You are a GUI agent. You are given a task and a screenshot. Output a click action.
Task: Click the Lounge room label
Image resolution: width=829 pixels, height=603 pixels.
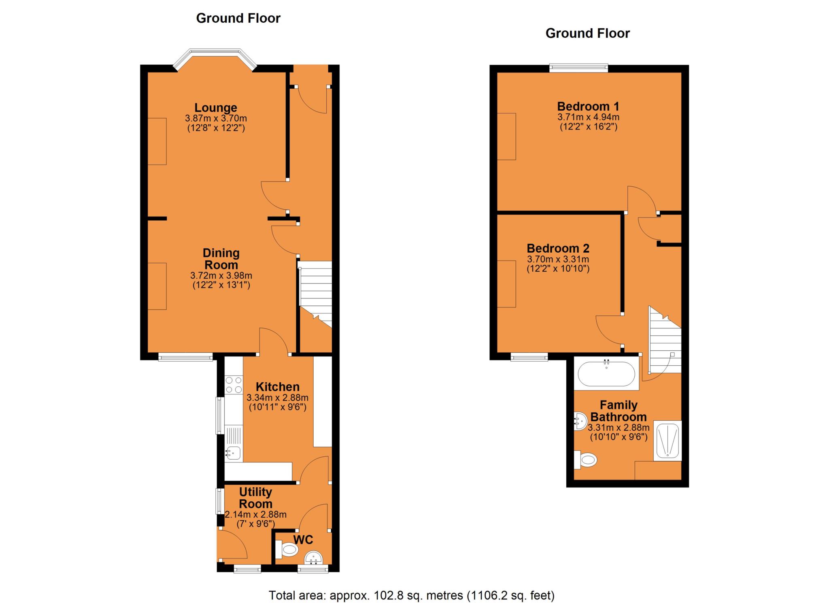point(215,108)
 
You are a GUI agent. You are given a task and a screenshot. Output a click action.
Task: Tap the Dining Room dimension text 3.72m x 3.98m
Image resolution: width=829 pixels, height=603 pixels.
point(221,276)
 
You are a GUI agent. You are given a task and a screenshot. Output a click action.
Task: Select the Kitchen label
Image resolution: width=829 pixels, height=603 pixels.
point(278,387)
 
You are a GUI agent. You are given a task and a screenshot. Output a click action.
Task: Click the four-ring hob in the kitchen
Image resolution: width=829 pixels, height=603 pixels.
point(234,385)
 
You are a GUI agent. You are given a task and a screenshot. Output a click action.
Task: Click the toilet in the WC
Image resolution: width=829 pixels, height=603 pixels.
point(288,550)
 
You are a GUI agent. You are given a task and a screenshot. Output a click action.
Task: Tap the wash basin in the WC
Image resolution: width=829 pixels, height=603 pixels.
point(314,559)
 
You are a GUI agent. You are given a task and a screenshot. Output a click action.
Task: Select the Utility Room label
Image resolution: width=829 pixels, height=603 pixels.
point(255,498)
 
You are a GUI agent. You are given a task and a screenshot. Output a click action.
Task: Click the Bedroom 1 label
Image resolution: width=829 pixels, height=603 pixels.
point(588,107)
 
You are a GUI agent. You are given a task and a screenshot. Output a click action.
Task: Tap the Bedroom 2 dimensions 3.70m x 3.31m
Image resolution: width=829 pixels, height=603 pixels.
point(558,259)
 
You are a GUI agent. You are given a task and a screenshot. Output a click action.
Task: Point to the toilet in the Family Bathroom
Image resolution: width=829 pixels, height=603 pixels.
point(587,460)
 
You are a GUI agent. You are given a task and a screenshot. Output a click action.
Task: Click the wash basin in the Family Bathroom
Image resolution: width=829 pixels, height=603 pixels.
point(580,421)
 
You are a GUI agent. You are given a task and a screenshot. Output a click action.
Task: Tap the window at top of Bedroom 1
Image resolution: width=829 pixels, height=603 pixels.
point(579,68)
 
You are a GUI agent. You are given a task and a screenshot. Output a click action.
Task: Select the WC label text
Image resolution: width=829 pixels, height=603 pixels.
point(303,540)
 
